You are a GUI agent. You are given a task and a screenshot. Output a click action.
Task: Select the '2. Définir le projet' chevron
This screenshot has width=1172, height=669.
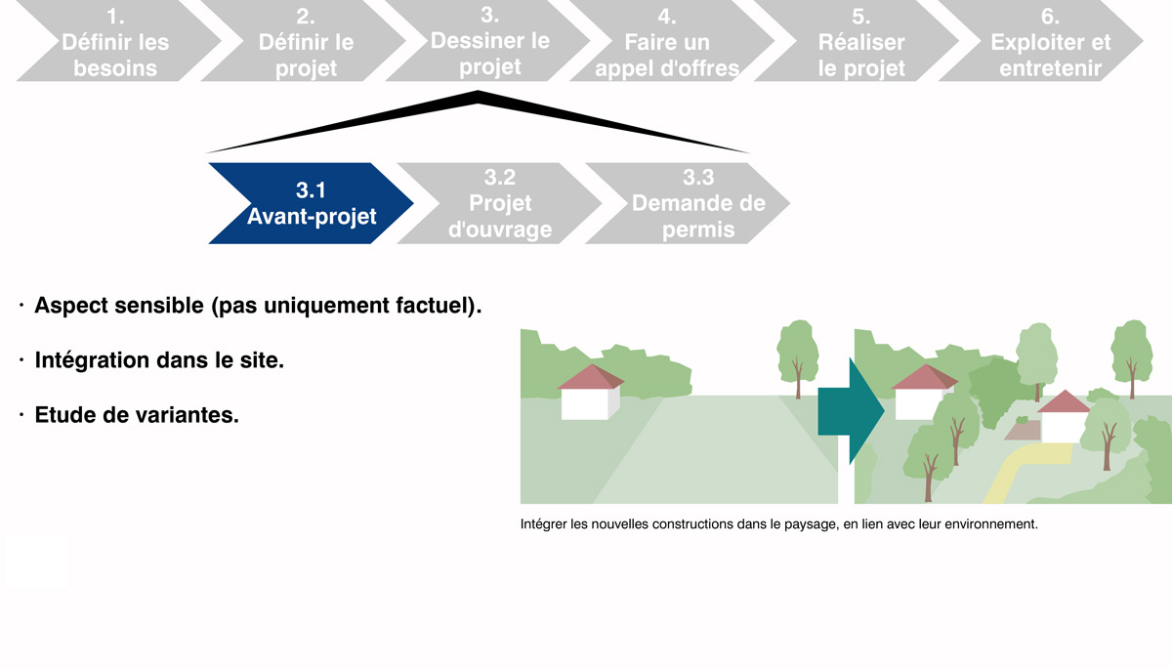click(306, 41)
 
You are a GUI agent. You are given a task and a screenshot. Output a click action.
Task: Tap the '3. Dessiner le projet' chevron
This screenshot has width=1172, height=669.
click(490, 41)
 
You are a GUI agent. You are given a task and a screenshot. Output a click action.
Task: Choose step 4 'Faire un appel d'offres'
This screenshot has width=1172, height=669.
click(667, 41)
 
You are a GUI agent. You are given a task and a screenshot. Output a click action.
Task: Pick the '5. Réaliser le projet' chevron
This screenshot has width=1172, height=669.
click(861, 41)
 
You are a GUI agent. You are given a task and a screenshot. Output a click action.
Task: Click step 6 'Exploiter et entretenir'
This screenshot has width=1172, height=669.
click(1051, 41)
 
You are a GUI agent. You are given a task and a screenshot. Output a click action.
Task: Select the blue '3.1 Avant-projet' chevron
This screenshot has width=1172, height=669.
click(312, 203)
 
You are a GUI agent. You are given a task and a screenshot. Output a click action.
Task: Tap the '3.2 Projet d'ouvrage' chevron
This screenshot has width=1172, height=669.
click(500, 203)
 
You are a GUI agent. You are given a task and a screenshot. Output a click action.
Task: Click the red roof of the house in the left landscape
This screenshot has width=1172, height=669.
click(591, 377)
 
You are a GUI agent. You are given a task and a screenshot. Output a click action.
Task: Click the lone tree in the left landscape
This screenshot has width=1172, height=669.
click(797, 358)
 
